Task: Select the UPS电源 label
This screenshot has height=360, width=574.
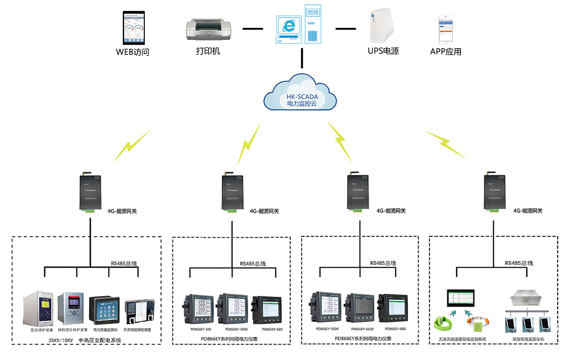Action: pyautogui.click(x=383, y=51)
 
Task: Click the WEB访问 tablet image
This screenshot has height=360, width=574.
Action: pyautogui.click(x=133, y=27)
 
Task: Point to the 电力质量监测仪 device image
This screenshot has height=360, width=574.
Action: pyautogui.click(x=104, y=310)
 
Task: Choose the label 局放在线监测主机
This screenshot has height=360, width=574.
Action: pyautogui.click(x=529, y=339)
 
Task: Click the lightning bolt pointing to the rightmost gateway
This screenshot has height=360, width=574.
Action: pyautogui.click(x=446, y=144)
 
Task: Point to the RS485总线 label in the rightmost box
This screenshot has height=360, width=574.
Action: pyautogui.click(x=519, y=263)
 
